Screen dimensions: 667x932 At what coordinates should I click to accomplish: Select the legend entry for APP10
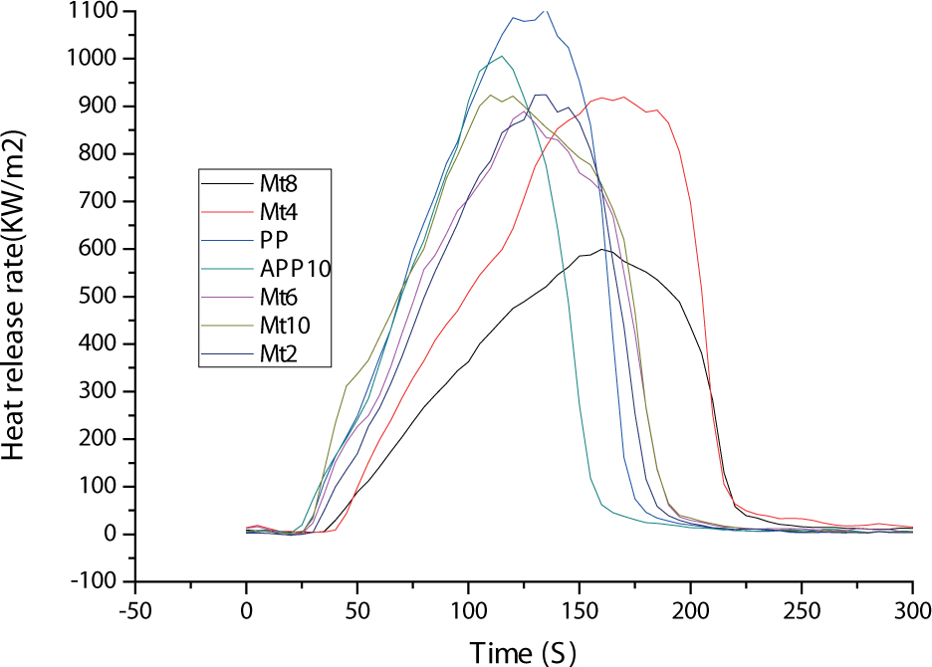click(297, 268)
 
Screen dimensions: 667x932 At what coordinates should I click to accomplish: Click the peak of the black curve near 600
click(601, 249)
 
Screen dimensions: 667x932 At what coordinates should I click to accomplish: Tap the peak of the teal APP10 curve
click(502, 56)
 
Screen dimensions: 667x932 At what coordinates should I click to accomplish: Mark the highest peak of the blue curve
click(544, 11)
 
